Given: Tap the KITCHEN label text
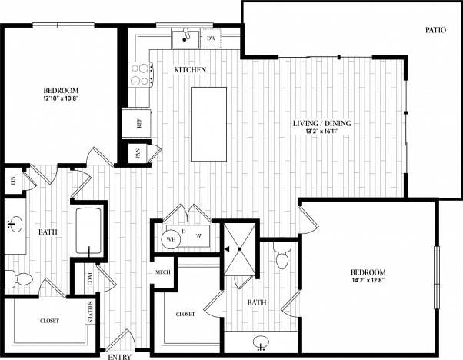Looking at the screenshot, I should pos(189,70).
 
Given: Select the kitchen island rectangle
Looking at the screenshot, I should pos(208,124).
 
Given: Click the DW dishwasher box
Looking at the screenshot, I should pos(211,37).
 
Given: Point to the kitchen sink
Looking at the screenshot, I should pos(185,36).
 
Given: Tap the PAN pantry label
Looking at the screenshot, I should pos(138,152).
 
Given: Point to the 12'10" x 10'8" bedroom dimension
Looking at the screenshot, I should pos(59,98).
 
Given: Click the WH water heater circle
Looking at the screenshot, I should pos(171,239).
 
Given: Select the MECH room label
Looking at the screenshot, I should pos(163,272).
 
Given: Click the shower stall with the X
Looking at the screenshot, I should pos(239,250).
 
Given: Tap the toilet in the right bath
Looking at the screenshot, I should pos(281,256).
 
